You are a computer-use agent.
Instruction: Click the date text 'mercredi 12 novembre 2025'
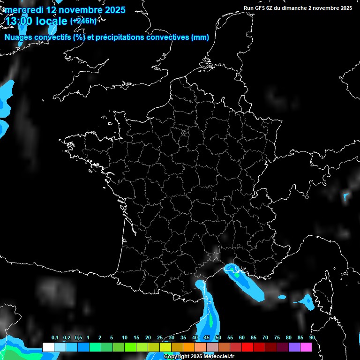(x=65, y=10)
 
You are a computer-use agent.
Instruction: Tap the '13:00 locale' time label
(x=37, y=21)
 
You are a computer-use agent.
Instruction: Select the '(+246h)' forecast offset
(x=83, y=21)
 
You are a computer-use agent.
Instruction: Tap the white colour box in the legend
(x=48, y=347)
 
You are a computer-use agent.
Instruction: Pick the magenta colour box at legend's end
(x=306, y=347)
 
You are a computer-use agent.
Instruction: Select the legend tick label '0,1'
(x=55, y=338)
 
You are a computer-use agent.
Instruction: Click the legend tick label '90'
(x=312, y=338)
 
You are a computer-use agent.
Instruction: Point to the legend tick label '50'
(x=218, y=338)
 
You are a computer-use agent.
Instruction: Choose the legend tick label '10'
(x=125, y=338)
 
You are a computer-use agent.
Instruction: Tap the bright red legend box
(x=247, y=347)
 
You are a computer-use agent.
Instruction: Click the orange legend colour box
(x=189, y=347)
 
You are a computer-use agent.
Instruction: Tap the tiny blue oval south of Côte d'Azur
(x=282, y=297)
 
